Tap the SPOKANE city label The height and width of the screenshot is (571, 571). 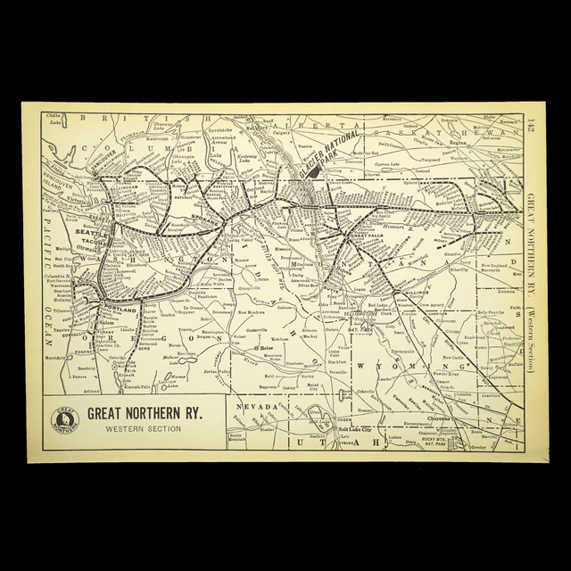[x=214, y=217]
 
